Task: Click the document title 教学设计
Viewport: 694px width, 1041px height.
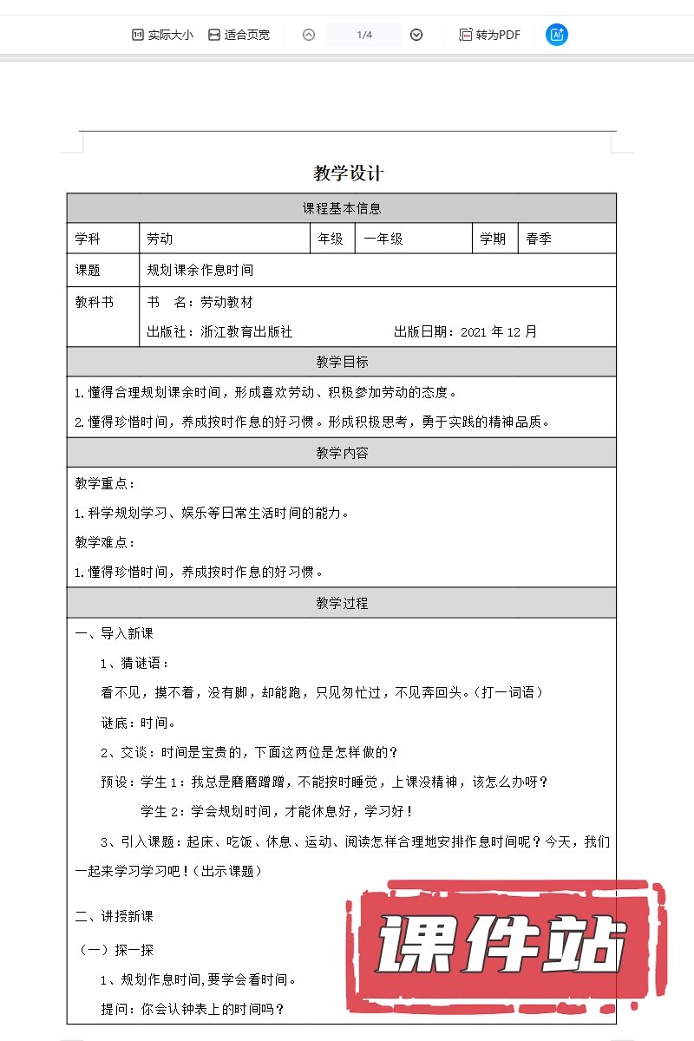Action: point(348,173)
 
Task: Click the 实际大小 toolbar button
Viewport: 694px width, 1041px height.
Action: point(161,35)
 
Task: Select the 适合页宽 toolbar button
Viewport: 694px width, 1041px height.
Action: point(239,35)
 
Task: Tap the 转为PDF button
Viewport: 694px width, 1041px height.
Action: point(490,35)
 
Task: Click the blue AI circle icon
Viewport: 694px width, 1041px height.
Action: point(557,35)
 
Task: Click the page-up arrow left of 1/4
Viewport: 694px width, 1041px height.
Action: point(309,35)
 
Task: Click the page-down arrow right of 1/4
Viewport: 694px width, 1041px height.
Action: point(416,35)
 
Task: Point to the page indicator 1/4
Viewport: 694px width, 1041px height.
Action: point(364,35)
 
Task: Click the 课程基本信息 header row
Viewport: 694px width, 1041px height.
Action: point(342,208)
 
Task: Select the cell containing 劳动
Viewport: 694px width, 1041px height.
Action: point(160,239)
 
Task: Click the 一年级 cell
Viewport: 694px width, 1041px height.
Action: point(383,239)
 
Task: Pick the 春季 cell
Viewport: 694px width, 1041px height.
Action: point(539,239)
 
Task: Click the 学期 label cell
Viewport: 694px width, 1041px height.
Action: point(493,239)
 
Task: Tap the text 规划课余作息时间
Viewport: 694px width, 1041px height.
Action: point(200,270)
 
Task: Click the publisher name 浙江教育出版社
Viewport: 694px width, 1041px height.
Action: point(246,331)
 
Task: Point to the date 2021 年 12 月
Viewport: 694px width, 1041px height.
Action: point(499,331)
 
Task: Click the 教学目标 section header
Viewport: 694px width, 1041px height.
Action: point(342,362)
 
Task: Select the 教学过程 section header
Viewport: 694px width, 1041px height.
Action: point(342,602)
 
